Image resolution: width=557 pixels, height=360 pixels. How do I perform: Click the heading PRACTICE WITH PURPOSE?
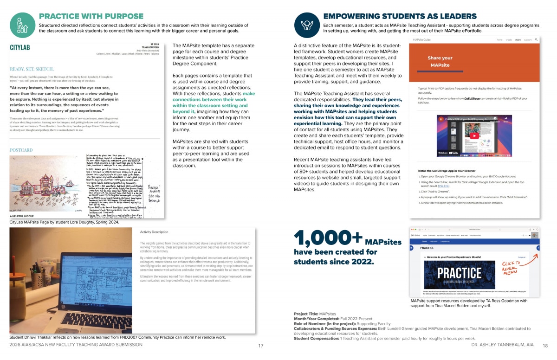tap(91, 16)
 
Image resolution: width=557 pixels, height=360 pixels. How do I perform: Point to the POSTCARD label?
tap(21, 150)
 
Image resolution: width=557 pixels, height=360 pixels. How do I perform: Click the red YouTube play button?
tap(473, 136)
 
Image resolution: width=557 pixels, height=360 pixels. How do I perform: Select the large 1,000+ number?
tap(327, 238)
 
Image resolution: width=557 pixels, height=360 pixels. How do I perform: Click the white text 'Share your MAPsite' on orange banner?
tap(440, 62)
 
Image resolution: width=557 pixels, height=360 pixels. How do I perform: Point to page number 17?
tap(261, 346)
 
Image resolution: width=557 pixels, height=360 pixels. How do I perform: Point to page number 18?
tap(545, 346)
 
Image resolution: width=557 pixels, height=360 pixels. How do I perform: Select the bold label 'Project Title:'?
tap(306, 314)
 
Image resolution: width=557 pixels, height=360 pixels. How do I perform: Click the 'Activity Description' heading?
tap(154, 232)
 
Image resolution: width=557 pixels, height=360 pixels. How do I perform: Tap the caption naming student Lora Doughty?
tap(64, 222)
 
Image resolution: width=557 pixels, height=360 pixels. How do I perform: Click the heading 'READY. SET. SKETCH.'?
tap(31, 68)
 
